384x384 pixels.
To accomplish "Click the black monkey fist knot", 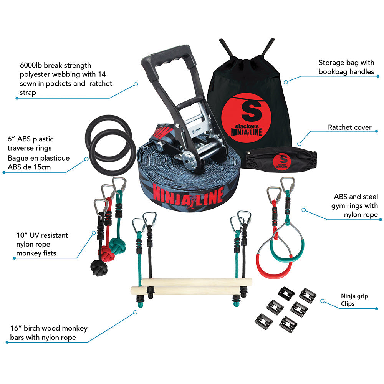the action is [99, 268].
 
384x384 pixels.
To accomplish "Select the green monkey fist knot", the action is [117, 246].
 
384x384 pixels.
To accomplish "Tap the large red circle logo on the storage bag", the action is [247, 118].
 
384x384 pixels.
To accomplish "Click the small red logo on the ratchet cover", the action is [281, 162].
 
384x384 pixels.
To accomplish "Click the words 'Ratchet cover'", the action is [349, 127].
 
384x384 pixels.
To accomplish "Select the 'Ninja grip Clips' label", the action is [354, 300].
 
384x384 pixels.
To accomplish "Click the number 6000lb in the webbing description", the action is [31, 65].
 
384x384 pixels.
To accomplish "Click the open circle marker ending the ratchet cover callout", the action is [299, 144].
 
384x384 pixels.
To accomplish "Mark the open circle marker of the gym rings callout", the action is [304, 210].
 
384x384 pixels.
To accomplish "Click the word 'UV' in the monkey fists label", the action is [34, 235].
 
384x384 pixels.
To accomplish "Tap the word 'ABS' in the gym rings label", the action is [341, 197].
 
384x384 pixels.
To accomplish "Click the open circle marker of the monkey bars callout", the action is [136, 312].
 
